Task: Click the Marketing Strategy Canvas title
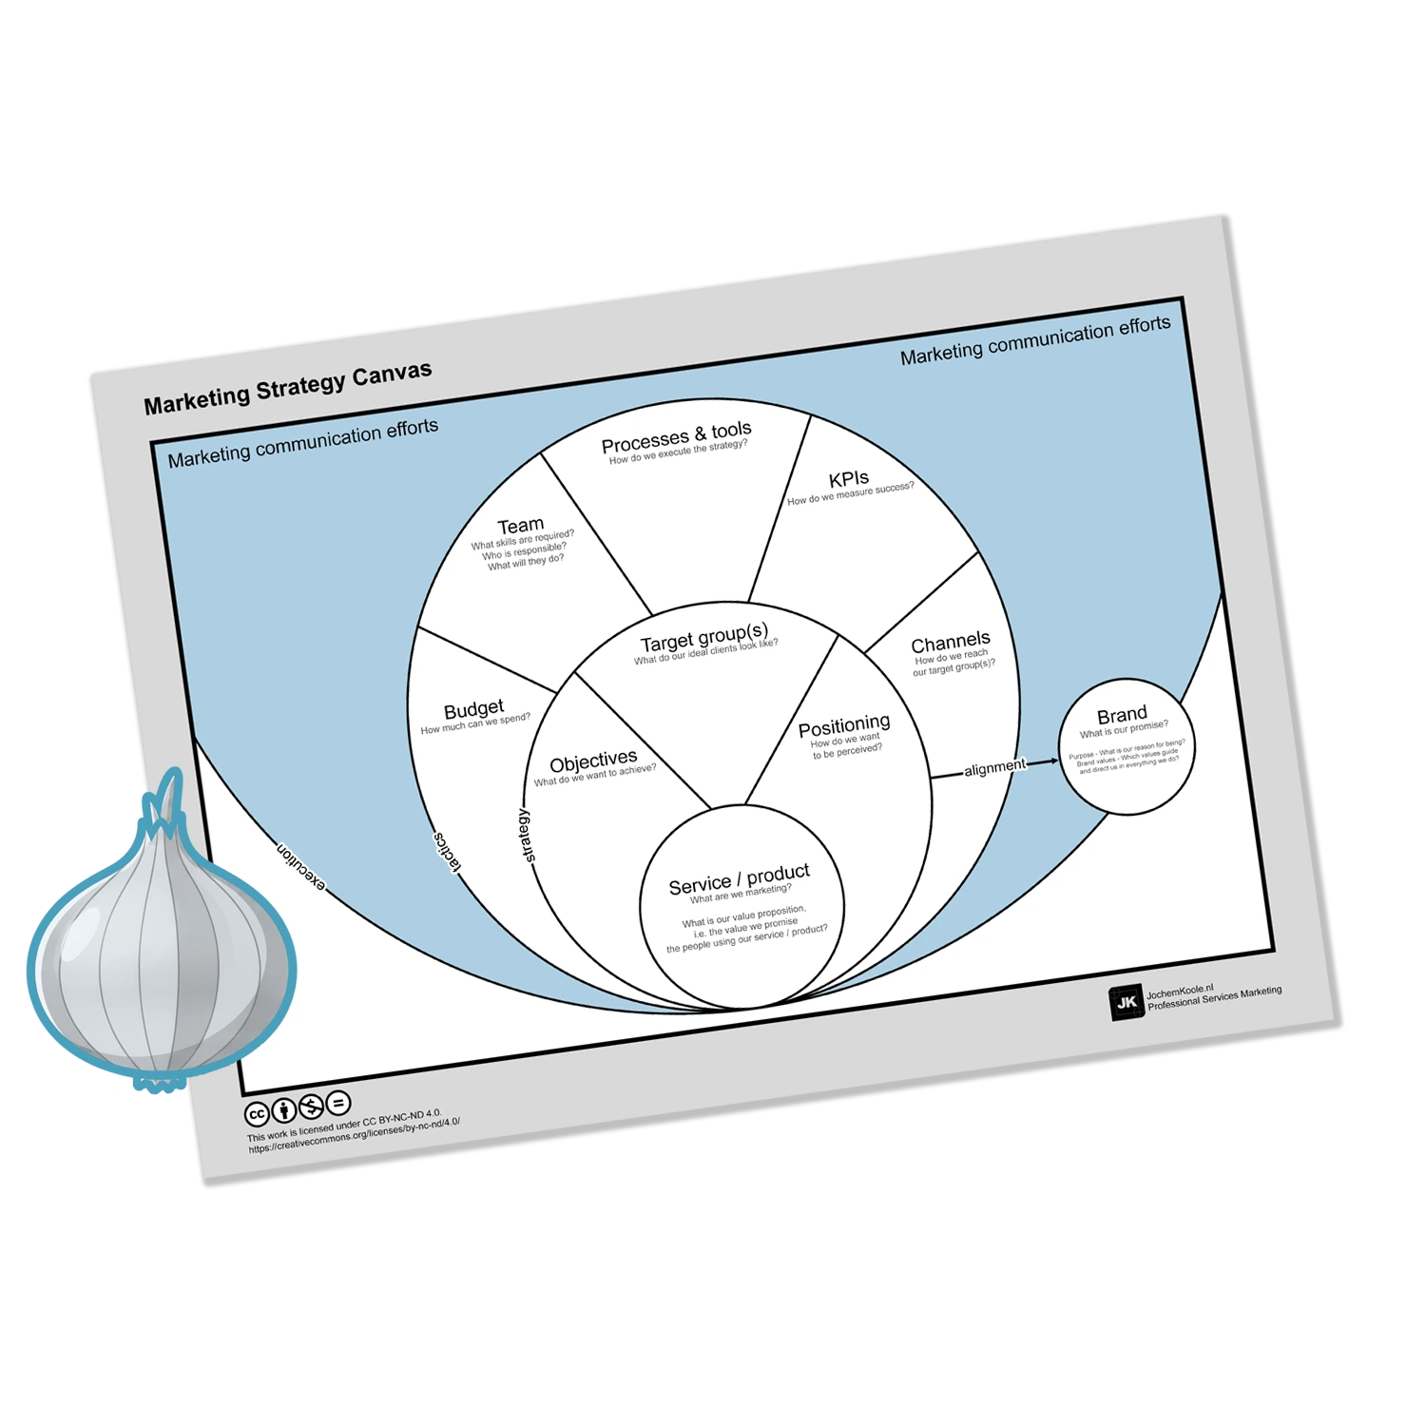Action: tap(287, 388)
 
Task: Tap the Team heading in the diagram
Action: tap(521, 526)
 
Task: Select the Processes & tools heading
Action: tap(676, 437)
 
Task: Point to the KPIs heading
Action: tap(848, 479)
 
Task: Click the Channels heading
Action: tap(950, 642)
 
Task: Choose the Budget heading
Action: tap(473, 709)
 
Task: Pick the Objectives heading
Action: tap(593, 761)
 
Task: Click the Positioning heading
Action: tap(844, 727)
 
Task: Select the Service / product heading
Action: tap(739, 879)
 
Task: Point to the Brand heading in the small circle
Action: tap(1122, 715)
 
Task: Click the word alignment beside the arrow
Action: tap(994, 768)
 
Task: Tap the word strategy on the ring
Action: tap(528, 836)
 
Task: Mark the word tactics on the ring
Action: tap(447, 851)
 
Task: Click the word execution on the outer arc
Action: tap(300, 866)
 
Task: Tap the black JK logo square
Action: tap(1127, 1003)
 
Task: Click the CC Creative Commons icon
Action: tap(257, 1114)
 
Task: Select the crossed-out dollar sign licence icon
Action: tap(311, 1108)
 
